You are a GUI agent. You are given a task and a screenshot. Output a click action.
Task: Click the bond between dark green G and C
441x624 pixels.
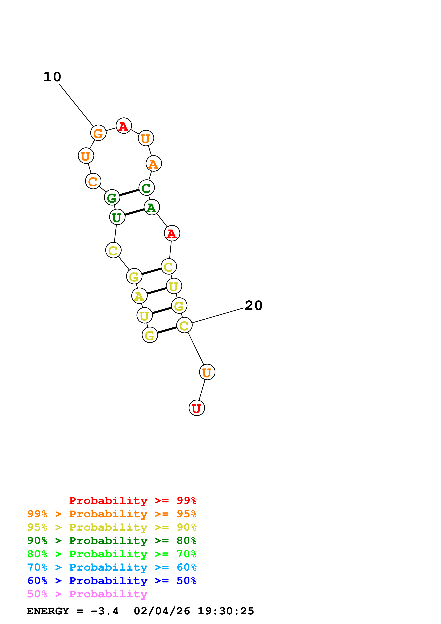[x=129, y=192]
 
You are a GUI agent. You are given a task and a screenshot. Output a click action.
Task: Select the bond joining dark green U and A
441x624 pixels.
[x=134, y=212]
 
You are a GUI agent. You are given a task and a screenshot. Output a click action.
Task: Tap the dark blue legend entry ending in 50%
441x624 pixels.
[x=112, y=581]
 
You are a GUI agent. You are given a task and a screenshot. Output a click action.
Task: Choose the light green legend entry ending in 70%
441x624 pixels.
[x=112, y=554]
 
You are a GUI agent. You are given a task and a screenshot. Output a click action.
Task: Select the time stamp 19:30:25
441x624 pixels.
[x=226, y=611]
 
